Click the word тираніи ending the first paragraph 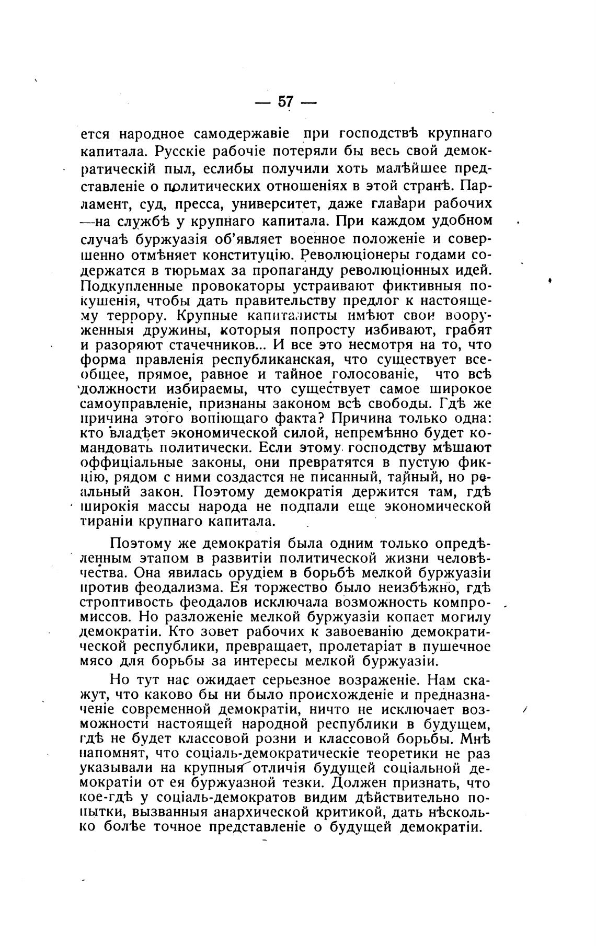[107, 521]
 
